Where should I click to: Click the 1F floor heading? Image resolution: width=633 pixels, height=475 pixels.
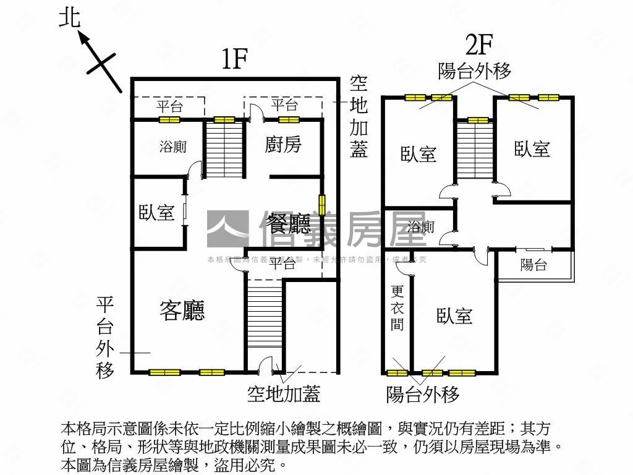pyautogui.click(x=234, y=59)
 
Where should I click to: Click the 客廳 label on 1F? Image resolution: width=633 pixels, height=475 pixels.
pyautogui.click(x=182, y=310)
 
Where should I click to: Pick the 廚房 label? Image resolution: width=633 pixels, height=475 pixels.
pyautogui.click(x=283, y=145)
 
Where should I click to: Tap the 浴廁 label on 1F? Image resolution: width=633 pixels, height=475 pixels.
pyautogui.click(x=172, y=147)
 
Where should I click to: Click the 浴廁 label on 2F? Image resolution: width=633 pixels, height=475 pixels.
pyautogui.click(x=421, y=227)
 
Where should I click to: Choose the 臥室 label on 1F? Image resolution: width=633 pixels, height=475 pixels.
pyautogui.click(x=156, y=213)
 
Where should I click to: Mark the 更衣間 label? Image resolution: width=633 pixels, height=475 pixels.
pyautogui.click(x=397, y=307)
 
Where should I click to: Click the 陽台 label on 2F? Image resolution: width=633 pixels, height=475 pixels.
pyautogui.click(x=533, y=265)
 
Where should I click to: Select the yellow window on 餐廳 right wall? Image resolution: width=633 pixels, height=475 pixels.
pyautogui.click(x=322, y=205)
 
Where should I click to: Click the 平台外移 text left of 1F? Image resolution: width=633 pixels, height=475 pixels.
pyautogui.click(x=105, y=337)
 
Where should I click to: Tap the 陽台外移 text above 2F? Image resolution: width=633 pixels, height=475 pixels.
pyautogui.click(x=475, y=71)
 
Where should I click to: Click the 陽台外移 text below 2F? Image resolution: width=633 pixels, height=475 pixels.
pyautogui.click(x=423, y=394)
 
